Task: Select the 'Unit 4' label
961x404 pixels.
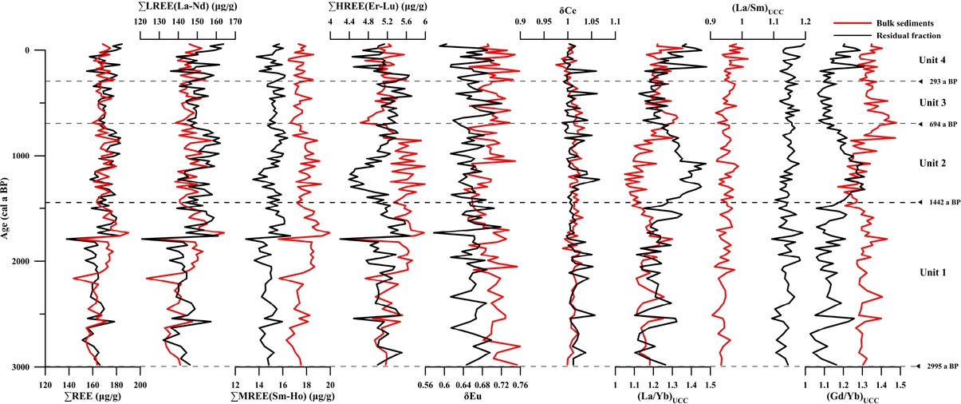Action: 931,60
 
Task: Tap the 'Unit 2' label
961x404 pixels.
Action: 931,163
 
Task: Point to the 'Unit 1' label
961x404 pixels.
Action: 931,272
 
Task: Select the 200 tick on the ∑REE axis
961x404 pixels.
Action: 140,383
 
